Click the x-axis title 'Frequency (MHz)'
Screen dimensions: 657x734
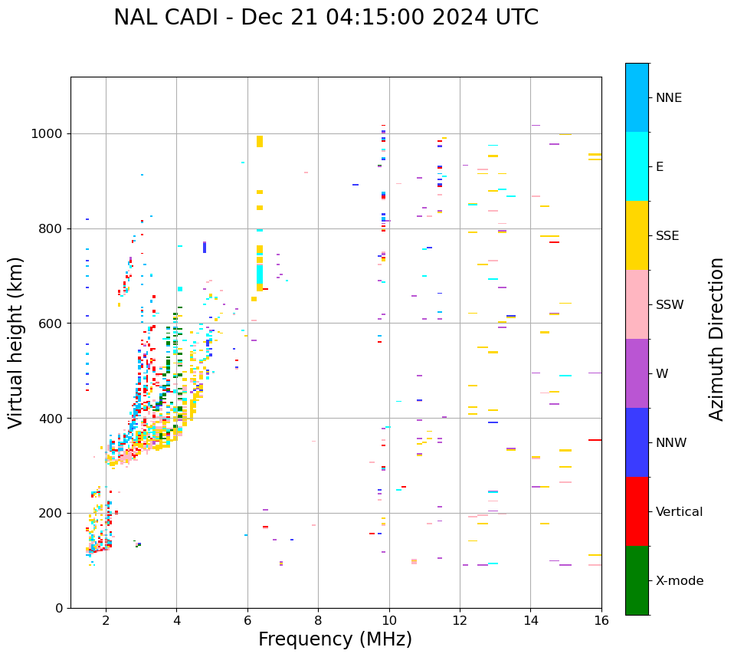(x=335, y=639)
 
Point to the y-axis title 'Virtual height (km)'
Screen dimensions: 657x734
(x=16, y=342)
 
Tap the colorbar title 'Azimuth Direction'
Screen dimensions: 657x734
(x=716, y=339)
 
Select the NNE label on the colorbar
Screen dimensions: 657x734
(x=668, y=98)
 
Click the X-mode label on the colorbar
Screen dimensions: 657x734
(x=679, y=581)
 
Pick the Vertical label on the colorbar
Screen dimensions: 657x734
(x=679, y=512)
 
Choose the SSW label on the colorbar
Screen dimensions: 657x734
(x=670, y=305)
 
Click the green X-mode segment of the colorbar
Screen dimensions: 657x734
(x=637, y=580)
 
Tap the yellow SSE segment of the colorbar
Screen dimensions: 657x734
(x=637, y=235)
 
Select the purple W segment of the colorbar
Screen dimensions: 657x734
(x=637, y=373)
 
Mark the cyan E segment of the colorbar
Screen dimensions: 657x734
(x=637, y=166)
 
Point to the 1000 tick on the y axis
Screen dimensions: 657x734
(x=49, y=134)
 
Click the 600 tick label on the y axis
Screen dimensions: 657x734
(x=52, y=324)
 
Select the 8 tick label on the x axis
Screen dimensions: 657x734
(x=318, y=621)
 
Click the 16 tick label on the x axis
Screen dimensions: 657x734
(x=601, y=621)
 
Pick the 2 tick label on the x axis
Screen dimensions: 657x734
(x=106, y=621)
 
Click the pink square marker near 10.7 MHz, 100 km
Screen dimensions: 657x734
(x=414, y=561)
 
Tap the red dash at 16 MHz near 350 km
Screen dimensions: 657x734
(x=595, y=440)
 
